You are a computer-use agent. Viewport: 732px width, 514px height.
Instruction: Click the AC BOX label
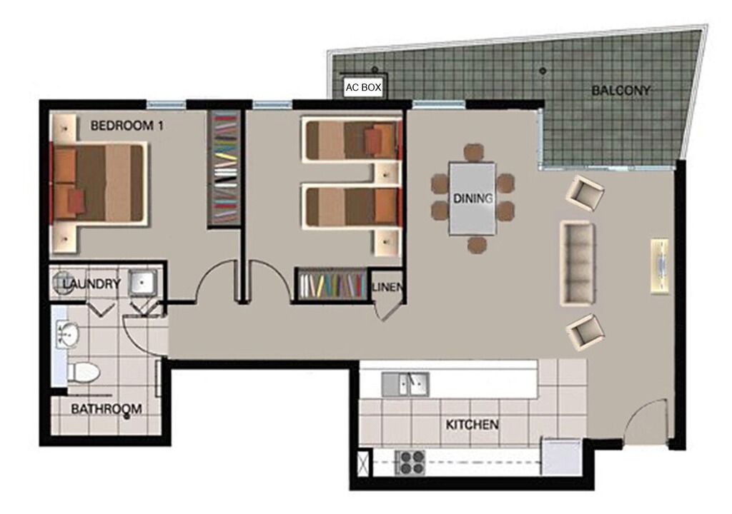(363, 87)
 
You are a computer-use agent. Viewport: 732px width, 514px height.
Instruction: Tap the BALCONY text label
(620, 90)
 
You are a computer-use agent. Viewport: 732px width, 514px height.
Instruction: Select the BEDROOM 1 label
(127, 126)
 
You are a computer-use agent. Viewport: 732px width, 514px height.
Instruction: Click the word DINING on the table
(473, 198)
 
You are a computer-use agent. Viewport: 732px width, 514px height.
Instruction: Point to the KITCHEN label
(472, 425)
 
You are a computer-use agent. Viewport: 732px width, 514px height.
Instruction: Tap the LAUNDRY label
(91, 283)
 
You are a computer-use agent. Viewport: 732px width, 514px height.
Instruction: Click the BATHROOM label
(107, 409)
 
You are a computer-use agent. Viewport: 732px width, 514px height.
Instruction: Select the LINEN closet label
(387, 287)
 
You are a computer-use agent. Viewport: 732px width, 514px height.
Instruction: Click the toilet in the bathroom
(84, 372)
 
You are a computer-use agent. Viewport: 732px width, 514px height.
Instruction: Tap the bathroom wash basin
(68, 334)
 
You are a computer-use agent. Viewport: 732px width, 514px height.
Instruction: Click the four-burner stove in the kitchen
(410, 462)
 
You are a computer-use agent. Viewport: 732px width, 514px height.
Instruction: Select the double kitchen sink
(405, 384)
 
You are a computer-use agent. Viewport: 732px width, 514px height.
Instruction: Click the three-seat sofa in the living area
(577, 263)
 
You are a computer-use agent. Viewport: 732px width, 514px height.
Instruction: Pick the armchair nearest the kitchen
(585, 332)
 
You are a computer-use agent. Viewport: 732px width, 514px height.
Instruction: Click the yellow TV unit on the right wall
(660, 266)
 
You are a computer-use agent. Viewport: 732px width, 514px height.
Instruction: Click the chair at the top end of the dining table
(473, 153)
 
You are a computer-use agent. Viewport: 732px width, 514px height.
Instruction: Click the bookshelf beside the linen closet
(332, 285)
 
